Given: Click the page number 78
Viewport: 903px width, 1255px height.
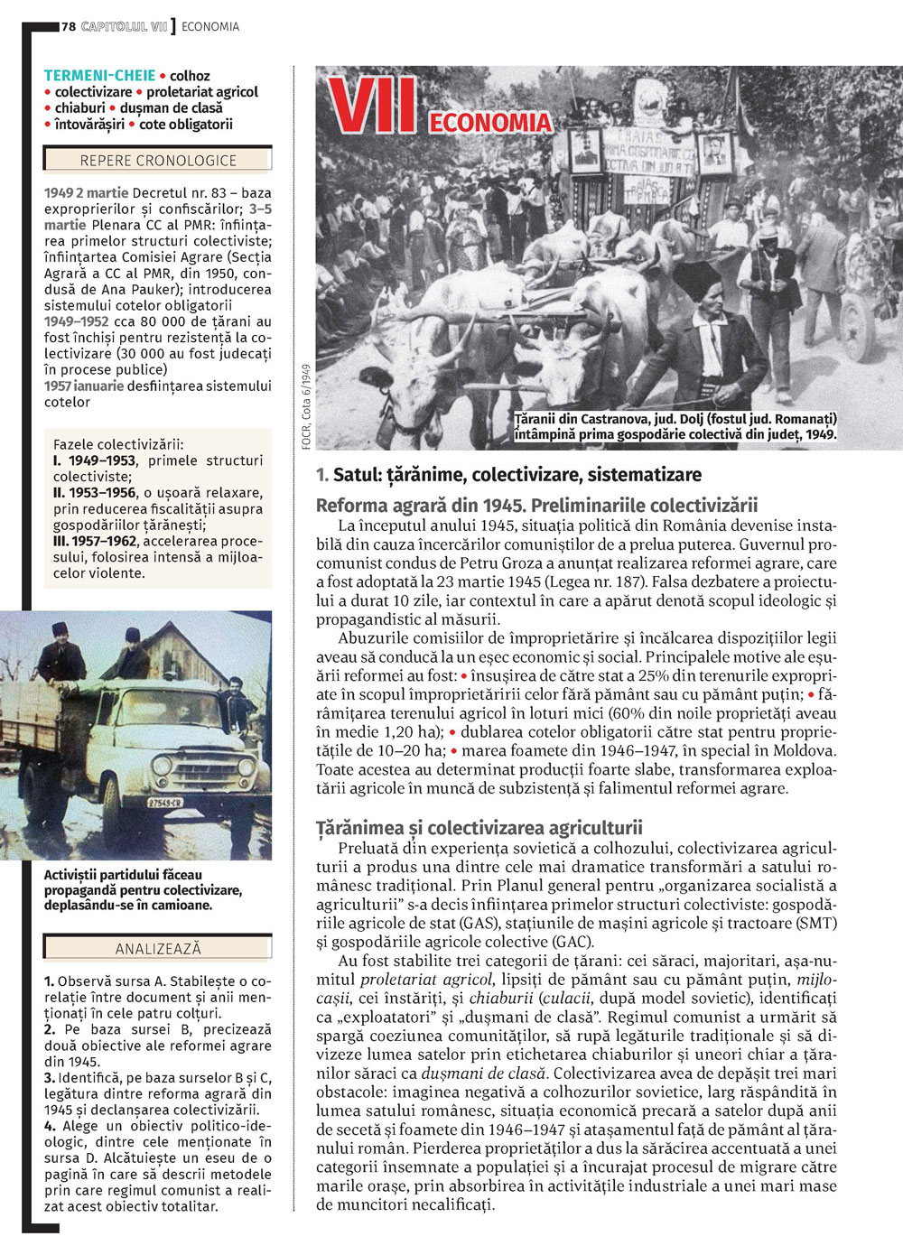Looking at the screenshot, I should pyautogui.click(x=69, y=27).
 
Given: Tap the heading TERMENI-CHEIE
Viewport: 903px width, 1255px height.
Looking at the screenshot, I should pyautogui.click(x=99, y=76).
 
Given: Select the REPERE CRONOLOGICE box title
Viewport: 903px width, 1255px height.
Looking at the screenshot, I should pyautogui.click(x=158, y=161).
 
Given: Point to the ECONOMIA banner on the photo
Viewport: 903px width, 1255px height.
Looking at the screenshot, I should pyautogui.click(x=489, y=123).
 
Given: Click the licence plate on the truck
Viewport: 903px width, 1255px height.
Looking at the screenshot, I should pyautogui.click(x=164, y=802).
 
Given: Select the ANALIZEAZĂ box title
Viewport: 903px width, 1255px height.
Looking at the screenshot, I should pyautogui.click(x=158, y=949).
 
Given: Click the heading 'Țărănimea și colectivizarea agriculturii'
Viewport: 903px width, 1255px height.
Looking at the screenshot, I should pyautogui.click(x=479, y=827).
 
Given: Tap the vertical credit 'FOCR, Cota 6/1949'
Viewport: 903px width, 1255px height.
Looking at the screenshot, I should pyautogui.click(x=307, y=406).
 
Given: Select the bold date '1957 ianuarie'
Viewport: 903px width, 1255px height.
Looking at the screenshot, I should pyautogui.click(x=84, y=386).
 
